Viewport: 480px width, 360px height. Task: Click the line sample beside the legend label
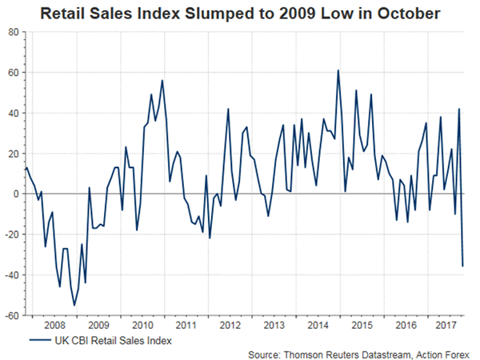pos(37,342)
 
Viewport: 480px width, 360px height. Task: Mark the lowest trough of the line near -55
pos(75,305)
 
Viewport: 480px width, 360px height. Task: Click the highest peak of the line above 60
pos(338,70)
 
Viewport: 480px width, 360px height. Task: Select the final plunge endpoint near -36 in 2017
pos(463,266)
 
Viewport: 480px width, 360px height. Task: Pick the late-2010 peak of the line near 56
pos(162,80)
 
